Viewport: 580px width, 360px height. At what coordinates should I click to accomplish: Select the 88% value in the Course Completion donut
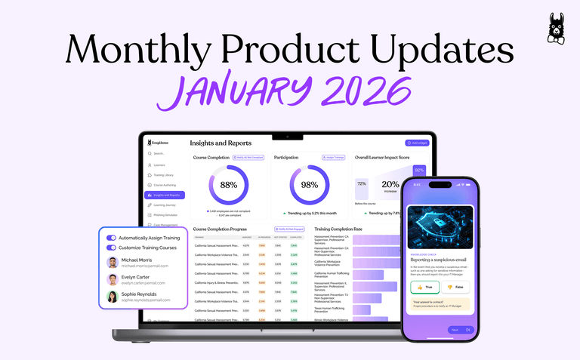pos(228,184)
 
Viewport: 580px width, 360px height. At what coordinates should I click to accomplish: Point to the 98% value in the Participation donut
pos(310,184)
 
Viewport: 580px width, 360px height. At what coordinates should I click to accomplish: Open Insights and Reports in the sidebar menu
pos(165,195)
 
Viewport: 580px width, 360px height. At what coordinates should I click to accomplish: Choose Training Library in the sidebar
pos(165,174)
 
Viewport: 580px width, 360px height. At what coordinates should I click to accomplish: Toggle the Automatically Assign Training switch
pos(112,237)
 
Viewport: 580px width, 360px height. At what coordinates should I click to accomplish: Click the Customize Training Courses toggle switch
pos(112,247)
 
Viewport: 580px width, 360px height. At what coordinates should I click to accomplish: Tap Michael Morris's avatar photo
pos(113,263)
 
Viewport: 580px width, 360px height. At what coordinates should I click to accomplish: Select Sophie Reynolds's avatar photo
pos(113,297)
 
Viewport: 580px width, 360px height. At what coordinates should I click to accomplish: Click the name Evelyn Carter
pos(140,276)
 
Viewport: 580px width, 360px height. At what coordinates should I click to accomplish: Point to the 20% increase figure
pos(390,185)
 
